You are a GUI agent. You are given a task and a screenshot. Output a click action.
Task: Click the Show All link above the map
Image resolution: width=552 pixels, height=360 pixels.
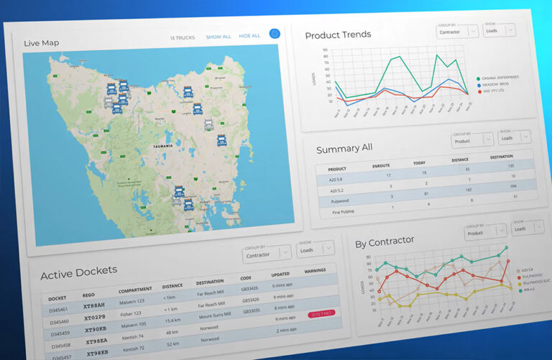coord(218,37)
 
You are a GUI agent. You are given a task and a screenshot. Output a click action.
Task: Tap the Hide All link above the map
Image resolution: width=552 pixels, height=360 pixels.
coord(249,36)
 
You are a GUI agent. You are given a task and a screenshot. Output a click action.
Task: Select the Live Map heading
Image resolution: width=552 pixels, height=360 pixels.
coord(41,43)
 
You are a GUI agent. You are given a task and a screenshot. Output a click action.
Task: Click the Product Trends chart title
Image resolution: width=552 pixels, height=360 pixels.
coord(338,35)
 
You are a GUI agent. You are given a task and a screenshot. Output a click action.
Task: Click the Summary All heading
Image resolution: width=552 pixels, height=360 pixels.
coord(344,148)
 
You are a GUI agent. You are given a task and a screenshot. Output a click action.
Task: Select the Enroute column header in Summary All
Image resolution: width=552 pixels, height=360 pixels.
coord(381,165)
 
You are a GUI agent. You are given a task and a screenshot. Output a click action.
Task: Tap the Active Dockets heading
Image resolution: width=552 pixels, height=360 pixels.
coord(78,274)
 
